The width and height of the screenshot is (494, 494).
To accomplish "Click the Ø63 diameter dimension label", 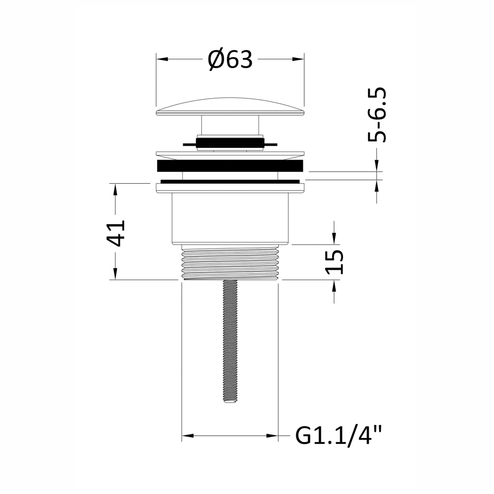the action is pyautogui.click(x=230, y=60).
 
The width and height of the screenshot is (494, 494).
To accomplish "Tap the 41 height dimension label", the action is pyautogui.click(x=116, y=233).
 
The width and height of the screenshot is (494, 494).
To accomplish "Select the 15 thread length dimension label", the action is pyautogui.click(x=334, y=262).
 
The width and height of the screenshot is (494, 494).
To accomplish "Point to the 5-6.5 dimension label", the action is pyautogui.click(x=377, y=115).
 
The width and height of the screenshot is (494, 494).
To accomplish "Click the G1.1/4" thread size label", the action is pyautogui.click(x=339, y=436).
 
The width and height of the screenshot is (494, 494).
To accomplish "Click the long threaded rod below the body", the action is pyautogui.click(x=230, y=341).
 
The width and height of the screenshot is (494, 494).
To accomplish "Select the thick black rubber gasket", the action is pyautogui.click(x=230, y=166).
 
